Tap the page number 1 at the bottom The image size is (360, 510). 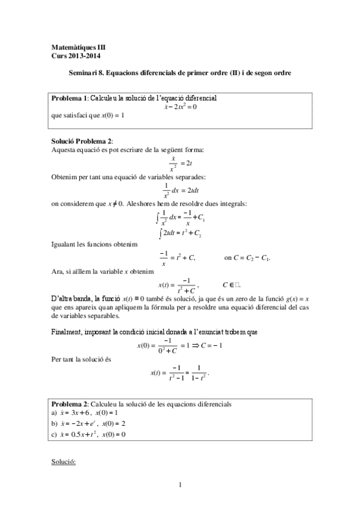180,484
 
